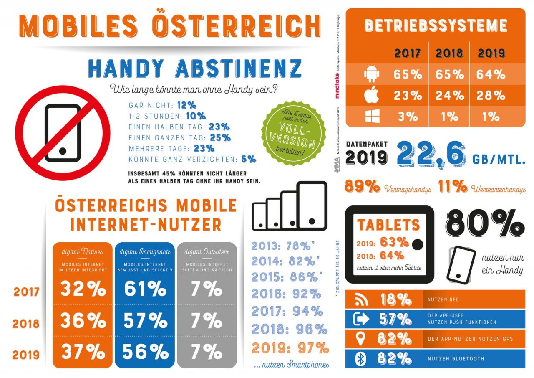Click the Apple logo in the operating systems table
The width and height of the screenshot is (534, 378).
pos(372,95)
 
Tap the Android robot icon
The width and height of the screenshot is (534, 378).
pos(372,74)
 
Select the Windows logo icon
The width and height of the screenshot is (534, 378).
pos(372,116)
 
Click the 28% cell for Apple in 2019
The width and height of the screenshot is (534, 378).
pos(491,95)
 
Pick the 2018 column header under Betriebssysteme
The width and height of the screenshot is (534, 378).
pos(449,53)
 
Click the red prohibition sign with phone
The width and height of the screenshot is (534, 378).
pos(63,133)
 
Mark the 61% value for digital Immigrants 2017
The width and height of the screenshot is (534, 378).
pos(144,289)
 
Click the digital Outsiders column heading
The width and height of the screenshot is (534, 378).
pos(207,251)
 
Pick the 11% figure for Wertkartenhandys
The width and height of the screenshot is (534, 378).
pos(452,188)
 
